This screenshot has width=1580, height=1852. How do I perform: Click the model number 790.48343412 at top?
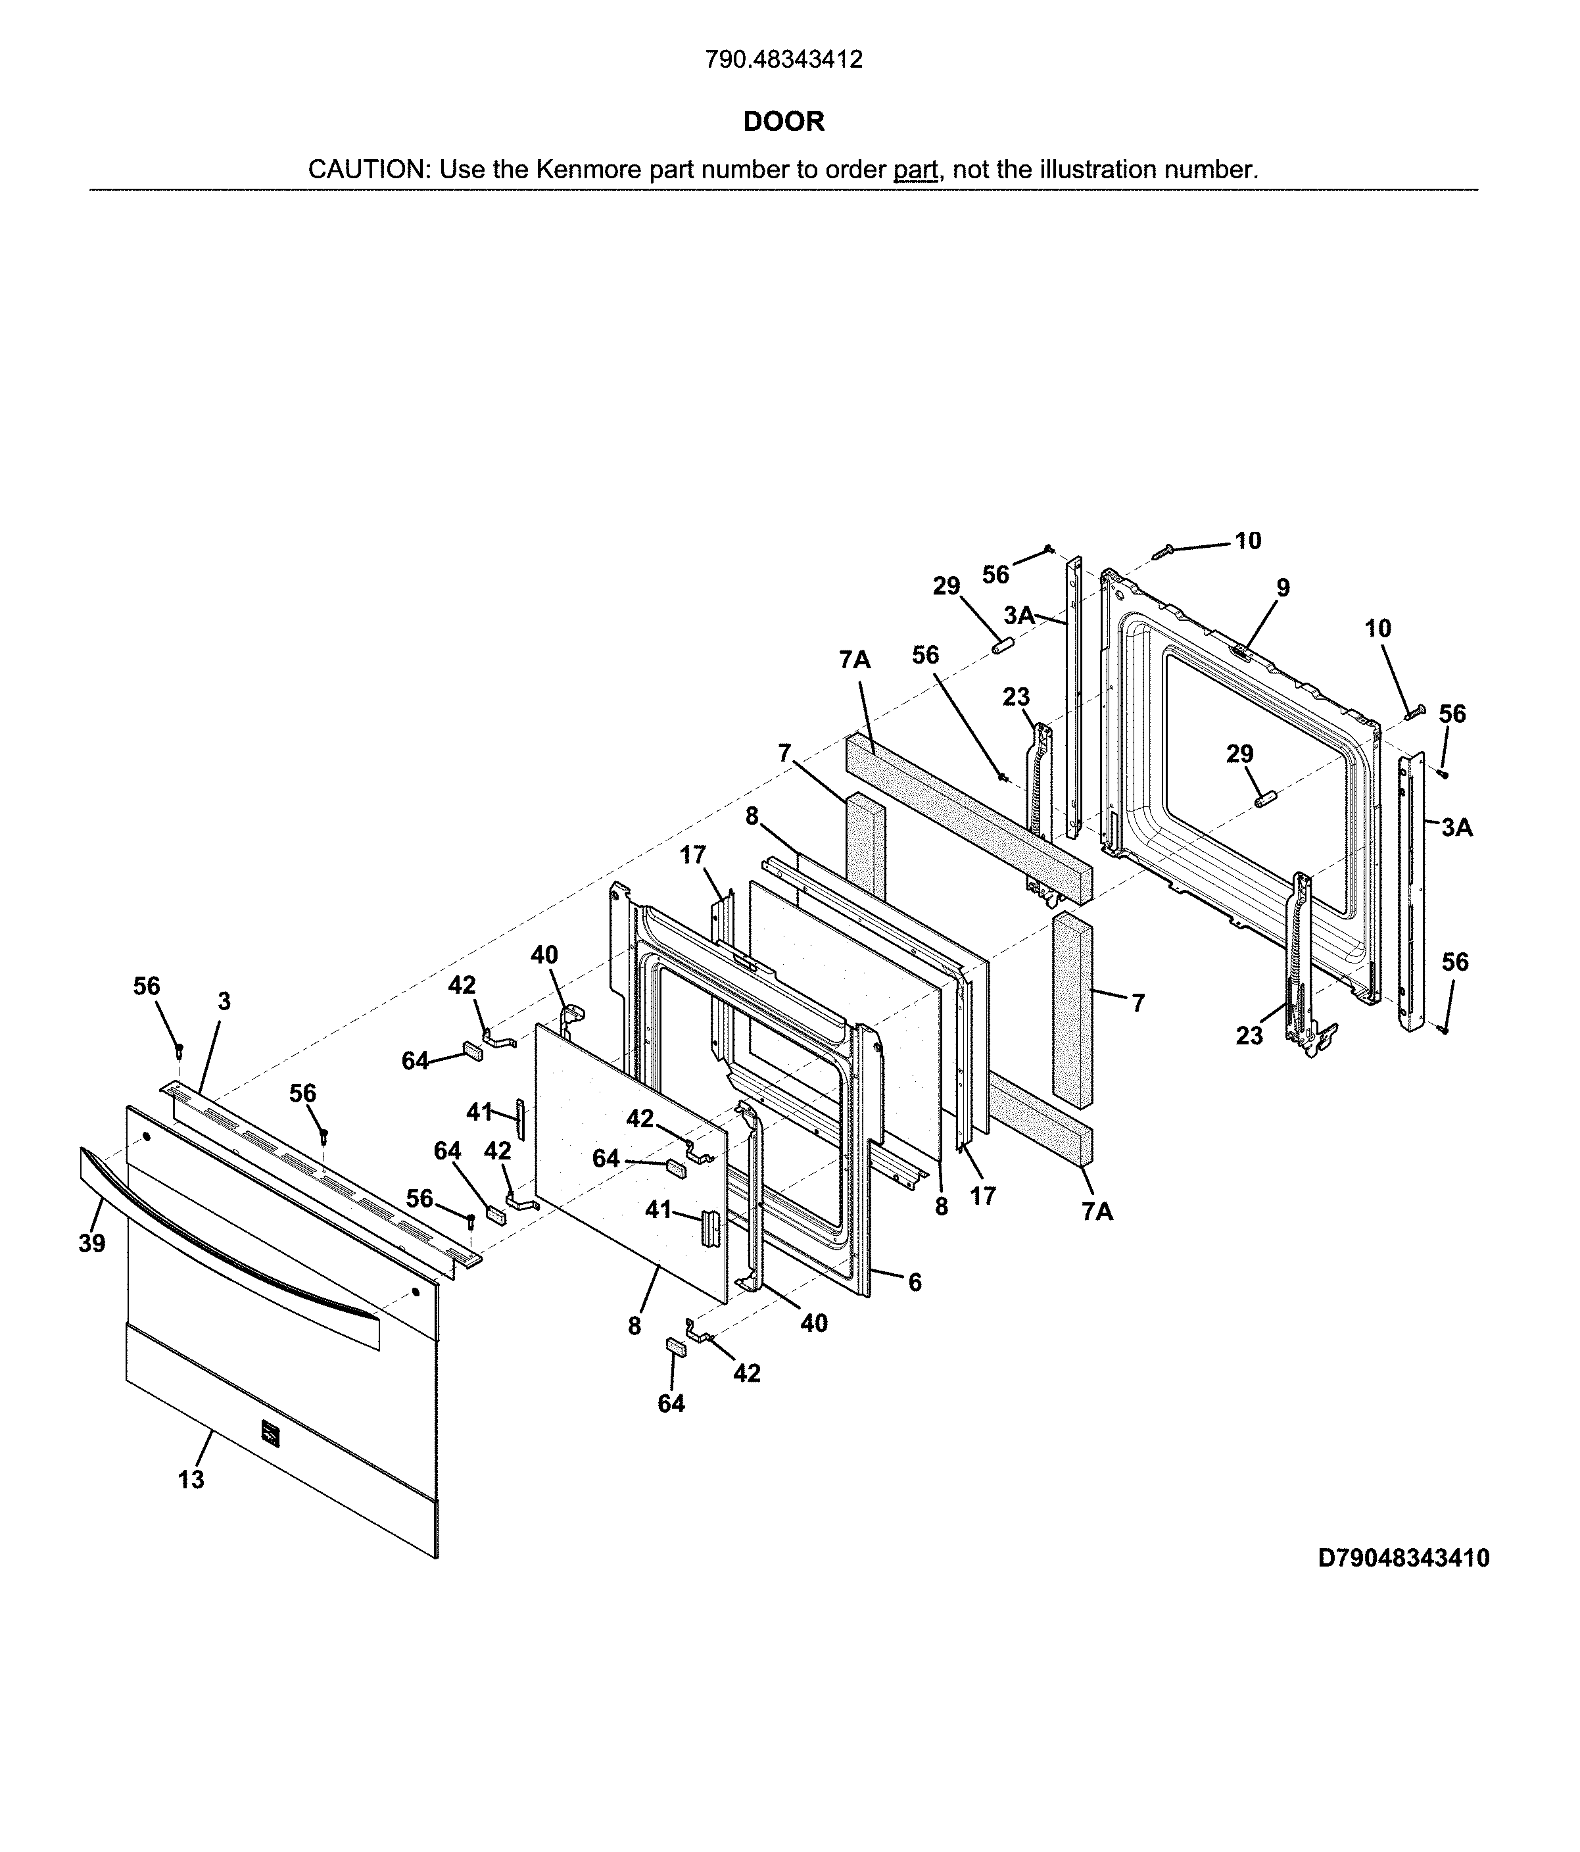coord(783,60)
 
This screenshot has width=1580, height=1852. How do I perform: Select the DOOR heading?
coord(783,122)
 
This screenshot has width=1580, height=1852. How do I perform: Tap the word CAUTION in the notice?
coord(368,170)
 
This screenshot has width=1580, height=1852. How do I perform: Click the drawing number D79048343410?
coord(1403,1559)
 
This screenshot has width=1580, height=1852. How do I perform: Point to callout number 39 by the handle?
coord(91,1243)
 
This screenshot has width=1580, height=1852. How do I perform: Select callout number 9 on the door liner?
coord(1282,588)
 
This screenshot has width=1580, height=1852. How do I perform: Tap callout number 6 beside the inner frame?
coord(914,1282)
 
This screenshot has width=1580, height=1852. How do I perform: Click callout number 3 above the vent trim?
coord(224,1002)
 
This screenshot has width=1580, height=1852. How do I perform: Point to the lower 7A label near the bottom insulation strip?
coord(1097,1211)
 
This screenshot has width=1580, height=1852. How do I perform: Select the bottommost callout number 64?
coord(671,1403)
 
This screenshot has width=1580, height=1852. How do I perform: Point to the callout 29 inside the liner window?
coord(1239,754)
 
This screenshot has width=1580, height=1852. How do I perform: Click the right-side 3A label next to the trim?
coord(1456,828)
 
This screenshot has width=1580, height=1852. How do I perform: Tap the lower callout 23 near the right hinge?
coord(1249,1035)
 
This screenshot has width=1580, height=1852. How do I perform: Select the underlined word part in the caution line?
coord(915,170)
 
